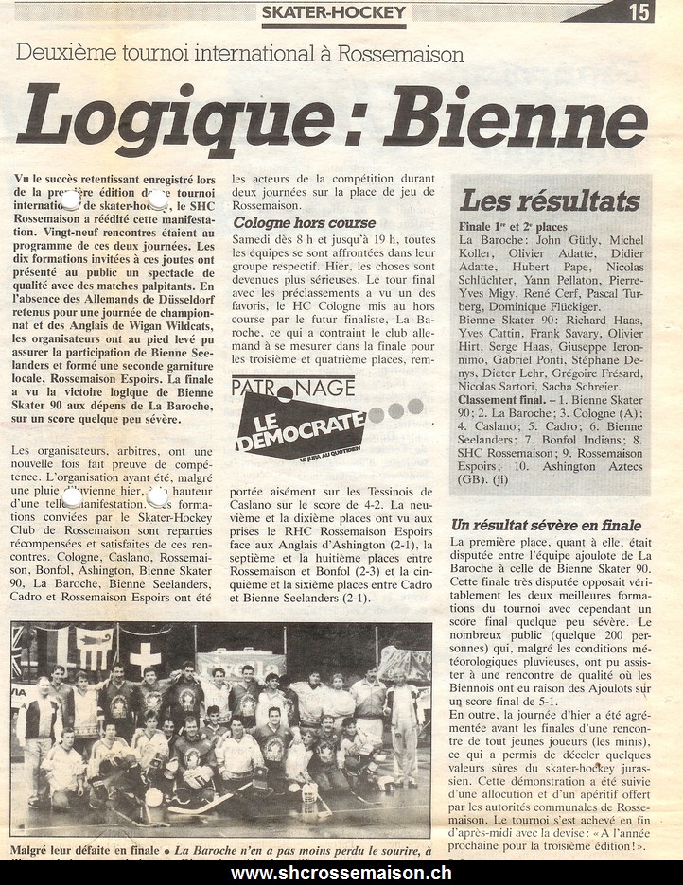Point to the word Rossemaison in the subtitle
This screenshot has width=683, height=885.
[410, 54]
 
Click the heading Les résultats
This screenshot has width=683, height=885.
[549, 200]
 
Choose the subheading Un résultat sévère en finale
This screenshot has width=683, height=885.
[546, 525]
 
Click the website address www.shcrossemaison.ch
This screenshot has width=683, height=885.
[341, 873]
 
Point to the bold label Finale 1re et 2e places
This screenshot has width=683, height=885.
[512, 226]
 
